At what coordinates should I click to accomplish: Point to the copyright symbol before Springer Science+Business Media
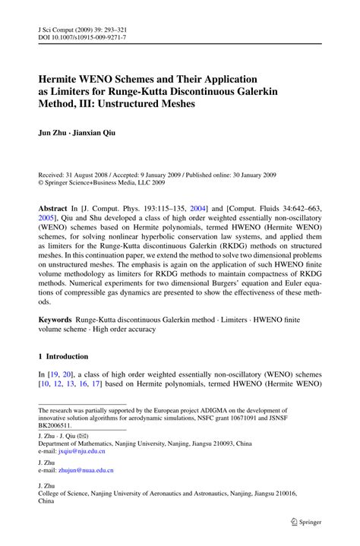click(41, 181)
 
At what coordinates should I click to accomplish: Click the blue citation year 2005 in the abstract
click(49, 218)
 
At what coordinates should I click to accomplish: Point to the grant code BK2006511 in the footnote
click(60, 425)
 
